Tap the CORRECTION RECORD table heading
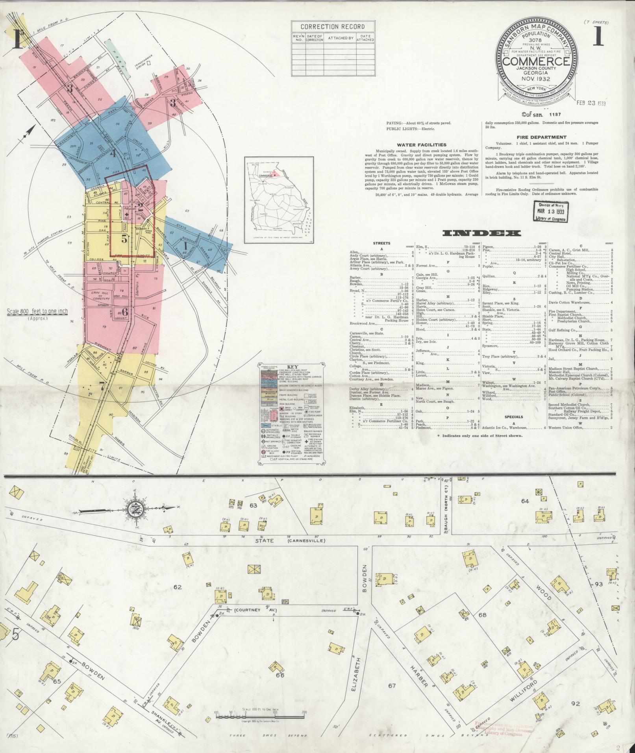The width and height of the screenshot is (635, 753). (333, 27)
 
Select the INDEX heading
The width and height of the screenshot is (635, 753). (481, 233)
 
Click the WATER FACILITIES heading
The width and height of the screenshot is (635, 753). (421, 145)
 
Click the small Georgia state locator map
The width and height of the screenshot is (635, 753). (278, 200)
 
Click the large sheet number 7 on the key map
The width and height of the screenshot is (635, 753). (102, 387)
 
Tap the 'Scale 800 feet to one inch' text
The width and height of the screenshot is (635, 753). (37, 311)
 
